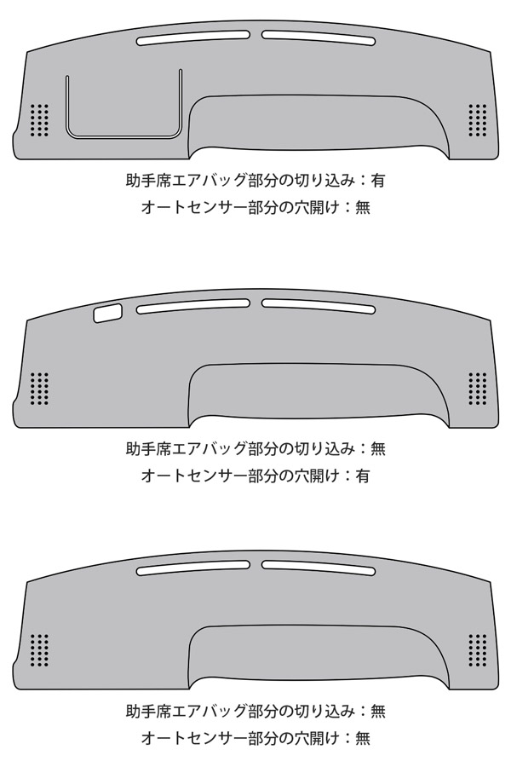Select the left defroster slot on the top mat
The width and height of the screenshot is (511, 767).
[x=192, y=39]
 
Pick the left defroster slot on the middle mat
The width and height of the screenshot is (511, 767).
[x=192, y=306]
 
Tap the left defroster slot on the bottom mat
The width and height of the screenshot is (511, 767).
[x=192, y=568]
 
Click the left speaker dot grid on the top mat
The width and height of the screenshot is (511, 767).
[x=39, y=120]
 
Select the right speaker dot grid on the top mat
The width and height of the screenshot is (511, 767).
[x=478, y=120]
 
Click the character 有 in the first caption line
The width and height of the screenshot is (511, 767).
[x=378, y=181]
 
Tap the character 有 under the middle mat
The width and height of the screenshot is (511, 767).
[x=363, y=476]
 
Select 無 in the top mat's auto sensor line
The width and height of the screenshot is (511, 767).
[x=363, y=208]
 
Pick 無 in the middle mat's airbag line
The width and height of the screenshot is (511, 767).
[x=378, y=448]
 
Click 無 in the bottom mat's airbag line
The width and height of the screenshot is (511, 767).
[x=378, y=711]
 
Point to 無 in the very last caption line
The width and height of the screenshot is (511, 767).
[x=363, y=738]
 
